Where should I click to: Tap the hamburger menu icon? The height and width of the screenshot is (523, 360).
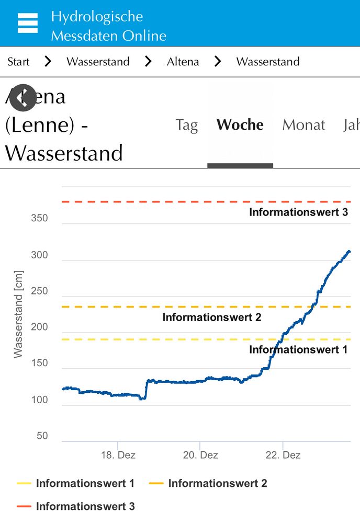(x=27, y=24)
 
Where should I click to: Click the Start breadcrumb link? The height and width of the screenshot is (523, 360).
(x=18, y=62)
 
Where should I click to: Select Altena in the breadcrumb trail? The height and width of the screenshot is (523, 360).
(x=183, y=62)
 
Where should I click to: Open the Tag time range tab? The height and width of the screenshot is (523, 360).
(x=186, y=125)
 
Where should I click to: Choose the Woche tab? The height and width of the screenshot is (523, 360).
(x=240, y=125)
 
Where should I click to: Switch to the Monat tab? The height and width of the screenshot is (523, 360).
(x=303, y=125)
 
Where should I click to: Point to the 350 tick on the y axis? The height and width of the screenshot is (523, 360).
(x=39, y=219)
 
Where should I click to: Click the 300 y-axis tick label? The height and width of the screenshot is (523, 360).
(x=39, y=255)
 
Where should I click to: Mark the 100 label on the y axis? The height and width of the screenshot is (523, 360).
(x=39, y=400)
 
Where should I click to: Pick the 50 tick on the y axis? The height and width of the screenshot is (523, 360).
(x=41, y=436)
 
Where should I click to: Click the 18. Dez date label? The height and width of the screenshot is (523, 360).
(x=118, y=455)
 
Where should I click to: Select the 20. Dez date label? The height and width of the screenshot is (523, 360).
(x=200, y=455)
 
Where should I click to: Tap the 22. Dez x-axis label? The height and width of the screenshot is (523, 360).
(x=283, y=455)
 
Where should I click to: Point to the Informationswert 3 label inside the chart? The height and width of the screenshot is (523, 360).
(x=298, y=212)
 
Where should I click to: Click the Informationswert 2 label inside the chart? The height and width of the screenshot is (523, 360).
(x=211, y=317)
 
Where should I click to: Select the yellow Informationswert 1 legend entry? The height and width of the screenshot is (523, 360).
(x=76, y=483)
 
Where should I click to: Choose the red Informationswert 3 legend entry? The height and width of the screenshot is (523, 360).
(x=76, y=506)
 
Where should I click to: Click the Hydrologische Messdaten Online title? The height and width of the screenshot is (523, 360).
(x=108, y=26)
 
